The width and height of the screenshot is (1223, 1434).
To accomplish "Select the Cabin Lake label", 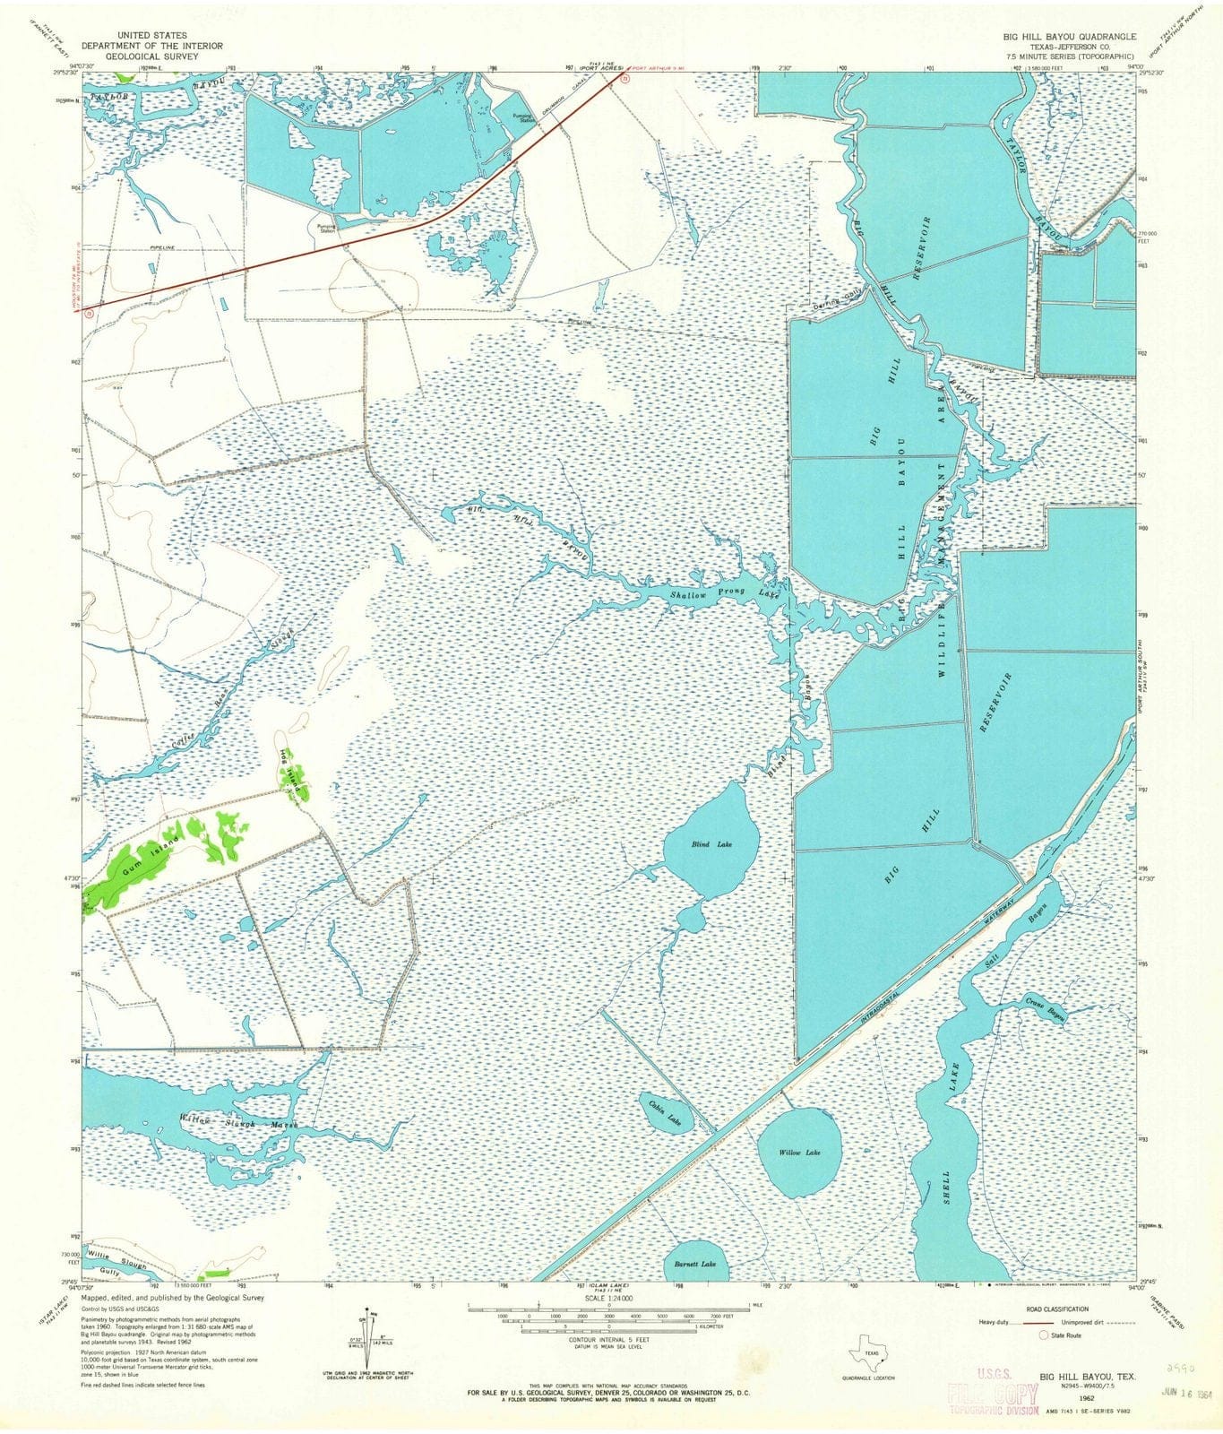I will [666, 1113].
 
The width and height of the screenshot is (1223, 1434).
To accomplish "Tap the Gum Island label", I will [151, 851].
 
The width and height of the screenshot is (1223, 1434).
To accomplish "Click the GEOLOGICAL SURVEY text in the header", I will [152, 55].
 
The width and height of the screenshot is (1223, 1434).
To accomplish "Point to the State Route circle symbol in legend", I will [1043, 1335].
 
